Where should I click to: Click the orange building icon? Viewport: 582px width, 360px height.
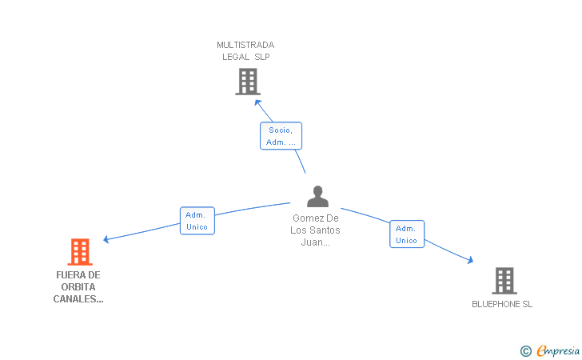tap(80, 251)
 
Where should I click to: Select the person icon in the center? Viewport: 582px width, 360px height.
tap(317, 196)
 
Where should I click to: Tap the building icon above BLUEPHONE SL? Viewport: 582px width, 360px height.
tap(504, 281)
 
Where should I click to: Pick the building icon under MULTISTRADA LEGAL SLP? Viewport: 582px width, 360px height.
tap(248, 82)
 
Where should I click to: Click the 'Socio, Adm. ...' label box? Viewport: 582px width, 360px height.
tap(281, 136)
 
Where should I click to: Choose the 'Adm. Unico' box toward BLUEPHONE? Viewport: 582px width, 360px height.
tap(407, 234)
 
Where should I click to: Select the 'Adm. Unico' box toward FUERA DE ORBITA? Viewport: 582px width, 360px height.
tap(197, 221)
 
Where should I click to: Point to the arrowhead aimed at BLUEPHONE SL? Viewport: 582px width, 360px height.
tap(470, 260)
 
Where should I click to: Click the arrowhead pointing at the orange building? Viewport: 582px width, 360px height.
tap(106, 239)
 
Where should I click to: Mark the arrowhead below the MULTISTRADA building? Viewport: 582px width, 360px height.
tap(258, 102)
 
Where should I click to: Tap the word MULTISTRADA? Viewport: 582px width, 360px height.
tap(245, 45)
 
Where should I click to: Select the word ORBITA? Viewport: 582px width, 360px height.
tap(78, 287)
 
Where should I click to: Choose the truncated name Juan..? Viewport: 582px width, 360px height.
tap(315, 242)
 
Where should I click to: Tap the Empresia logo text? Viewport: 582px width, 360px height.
tap(558, 351)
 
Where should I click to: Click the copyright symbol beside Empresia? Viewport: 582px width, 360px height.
tap(525, 351)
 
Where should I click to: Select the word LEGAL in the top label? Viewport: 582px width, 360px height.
tap(236, 57)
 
